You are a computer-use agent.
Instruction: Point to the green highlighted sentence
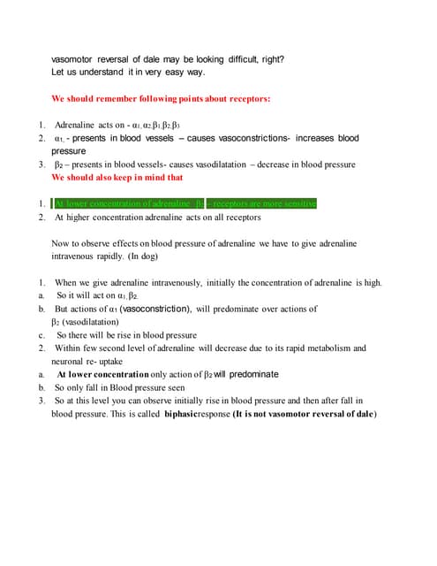185,203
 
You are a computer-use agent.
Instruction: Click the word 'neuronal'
70,361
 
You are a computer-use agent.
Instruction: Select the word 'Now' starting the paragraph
60,243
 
